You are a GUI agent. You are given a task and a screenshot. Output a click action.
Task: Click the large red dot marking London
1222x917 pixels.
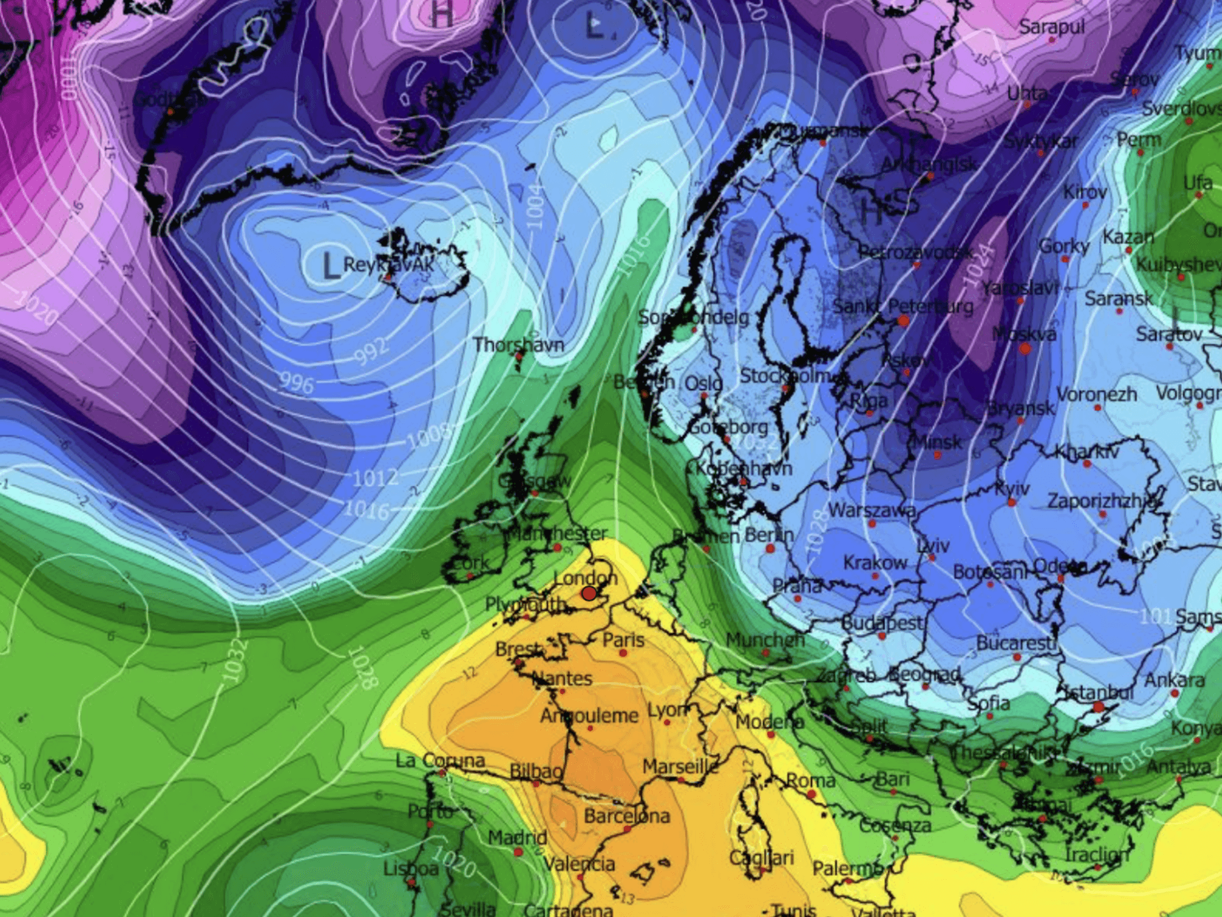click(x=588, y=593)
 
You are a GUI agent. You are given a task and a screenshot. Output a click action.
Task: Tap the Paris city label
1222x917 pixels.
click(x=623, y=640)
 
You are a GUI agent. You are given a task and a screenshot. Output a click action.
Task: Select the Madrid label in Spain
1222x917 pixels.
click(x=517, y=838)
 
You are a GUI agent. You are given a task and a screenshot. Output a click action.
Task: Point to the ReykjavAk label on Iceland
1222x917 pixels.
click(x=389, y=265)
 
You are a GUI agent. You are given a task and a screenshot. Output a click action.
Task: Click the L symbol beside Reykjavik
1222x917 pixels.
click(x=329, y=266)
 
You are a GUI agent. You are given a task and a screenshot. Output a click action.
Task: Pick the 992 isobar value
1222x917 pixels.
click(x=371, y=350)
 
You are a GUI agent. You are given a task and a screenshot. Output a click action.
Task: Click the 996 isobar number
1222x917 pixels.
click(x=296, y=383)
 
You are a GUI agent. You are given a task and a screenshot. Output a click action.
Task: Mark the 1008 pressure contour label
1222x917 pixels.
click(x=428, y=435)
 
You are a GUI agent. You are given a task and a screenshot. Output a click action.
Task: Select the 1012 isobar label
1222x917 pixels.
click(x=375, y=477)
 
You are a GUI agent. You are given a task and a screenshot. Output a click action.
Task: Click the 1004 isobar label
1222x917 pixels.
click(x=534, y=205)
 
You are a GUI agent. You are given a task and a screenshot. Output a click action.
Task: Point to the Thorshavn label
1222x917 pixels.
click(x=518, y=345)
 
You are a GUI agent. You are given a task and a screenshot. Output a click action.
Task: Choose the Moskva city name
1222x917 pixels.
click(x=1024, y=334)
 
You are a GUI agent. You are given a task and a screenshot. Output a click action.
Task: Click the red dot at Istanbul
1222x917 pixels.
click(x=1098, y=707)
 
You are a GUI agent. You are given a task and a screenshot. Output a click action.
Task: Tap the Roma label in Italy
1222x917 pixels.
click(x=810, y=781)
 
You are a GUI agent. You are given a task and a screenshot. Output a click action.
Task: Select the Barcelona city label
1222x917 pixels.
click(x=626, y=816)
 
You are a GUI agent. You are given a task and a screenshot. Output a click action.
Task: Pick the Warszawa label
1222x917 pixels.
click(x=872, y=510)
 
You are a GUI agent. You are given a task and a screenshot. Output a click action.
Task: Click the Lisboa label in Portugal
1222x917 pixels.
click(x=411, y=868)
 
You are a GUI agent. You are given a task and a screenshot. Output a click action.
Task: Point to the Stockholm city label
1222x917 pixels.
click(x=785, y=375)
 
